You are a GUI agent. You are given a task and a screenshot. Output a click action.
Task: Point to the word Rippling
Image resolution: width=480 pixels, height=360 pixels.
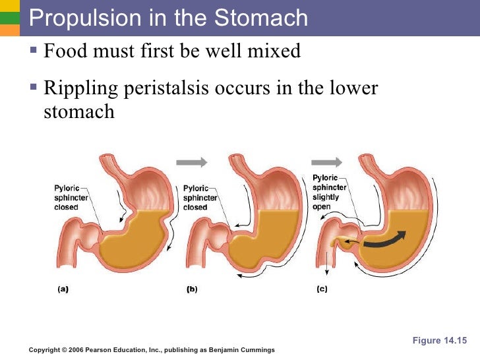pyautogui.click(x=80, y=88)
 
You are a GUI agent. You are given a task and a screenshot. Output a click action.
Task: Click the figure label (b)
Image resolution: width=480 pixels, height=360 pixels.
pyautogui.click(x=192, y=289)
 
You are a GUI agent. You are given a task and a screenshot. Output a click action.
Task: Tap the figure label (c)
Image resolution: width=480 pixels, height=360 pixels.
pyautogui.click(x=322, y=289)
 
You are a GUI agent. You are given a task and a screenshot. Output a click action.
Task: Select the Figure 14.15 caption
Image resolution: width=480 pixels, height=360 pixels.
pyautogui.click(x=439, y=340)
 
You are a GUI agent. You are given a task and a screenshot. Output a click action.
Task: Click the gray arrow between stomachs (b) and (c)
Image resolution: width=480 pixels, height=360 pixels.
pyautogui.click(x=327, y=162)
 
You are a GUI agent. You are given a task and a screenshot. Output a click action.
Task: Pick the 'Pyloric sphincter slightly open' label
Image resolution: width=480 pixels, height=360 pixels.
pyautogui.click(x=326, y=192)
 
